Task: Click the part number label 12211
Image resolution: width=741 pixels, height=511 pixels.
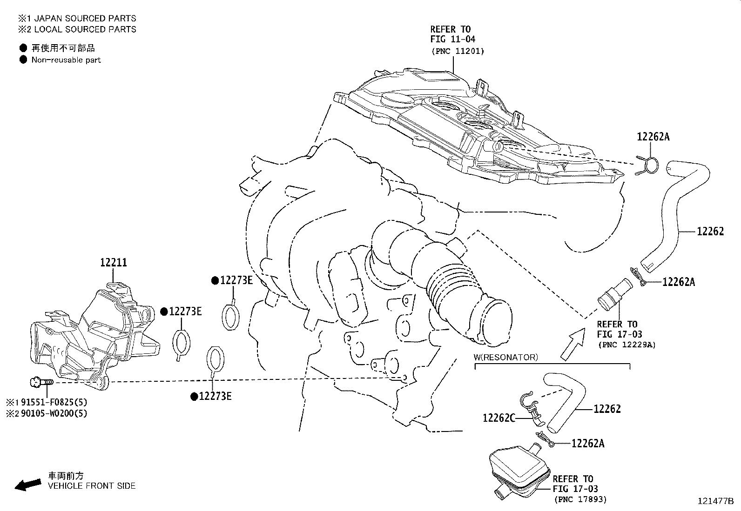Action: click(114, 262)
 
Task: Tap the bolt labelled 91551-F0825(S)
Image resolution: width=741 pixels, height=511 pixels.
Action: click(41, 382)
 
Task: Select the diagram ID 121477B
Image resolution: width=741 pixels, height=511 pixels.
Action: click(715, 501)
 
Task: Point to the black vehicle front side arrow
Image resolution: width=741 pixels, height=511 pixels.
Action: click(28, 485)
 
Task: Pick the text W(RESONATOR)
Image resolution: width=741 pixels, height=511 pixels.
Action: click(506, 357)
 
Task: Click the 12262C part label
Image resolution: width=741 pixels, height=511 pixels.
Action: click(499, 418)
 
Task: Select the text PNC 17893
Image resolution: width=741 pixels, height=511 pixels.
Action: click(580, 499)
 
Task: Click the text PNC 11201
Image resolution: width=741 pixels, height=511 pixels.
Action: click(458, 51)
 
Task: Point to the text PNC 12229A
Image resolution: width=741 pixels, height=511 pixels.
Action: click(627, 345)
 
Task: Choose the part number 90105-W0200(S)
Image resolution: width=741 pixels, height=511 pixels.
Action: click(54, 413)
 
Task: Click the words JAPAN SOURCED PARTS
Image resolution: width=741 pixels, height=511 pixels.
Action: click(85, 18)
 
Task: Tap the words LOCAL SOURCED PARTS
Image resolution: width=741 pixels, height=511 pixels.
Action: click(85, 29)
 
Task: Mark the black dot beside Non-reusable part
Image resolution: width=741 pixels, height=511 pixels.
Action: click(23, 60)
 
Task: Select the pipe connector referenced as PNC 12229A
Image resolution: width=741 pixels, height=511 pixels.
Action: click(615, 294)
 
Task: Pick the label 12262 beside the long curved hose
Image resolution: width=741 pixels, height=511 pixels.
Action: click(710, 232)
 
